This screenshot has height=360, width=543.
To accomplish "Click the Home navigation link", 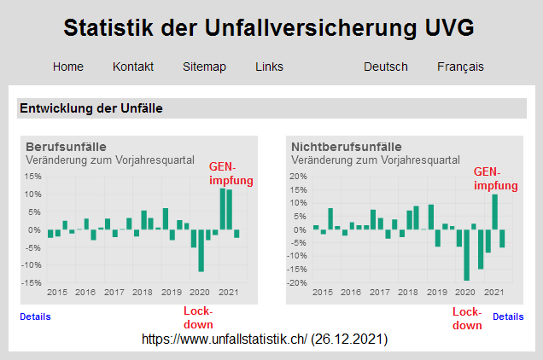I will [x=68, y=67].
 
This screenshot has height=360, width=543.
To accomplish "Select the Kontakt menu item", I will [x=133, y=67].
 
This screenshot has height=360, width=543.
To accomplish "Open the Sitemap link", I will [x=204, y=67].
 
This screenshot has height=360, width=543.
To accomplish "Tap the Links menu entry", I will [x=269, y=67].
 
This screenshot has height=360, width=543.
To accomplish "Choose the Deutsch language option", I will [x=385, y=67].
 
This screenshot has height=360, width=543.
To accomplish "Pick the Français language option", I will [x=460, y=67].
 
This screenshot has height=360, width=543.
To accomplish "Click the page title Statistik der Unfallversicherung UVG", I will [x=269, y=28].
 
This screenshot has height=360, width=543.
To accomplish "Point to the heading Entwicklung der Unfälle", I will [x=91, y=108].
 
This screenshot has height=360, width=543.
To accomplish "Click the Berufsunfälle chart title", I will [x=66, y=147].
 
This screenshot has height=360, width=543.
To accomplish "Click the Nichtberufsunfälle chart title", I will [x=346, y=147].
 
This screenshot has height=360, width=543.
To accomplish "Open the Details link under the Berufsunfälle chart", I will [x=35, y=316].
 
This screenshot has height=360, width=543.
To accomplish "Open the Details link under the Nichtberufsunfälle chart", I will [x=508, y=316].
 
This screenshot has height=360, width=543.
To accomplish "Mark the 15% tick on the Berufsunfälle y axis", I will [x=33, y=177].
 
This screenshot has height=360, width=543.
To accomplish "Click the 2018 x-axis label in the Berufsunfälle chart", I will [x=143, y=293].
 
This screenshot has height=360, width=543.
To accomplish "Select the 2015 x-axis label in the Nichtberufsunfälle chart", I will [x=323, y=293].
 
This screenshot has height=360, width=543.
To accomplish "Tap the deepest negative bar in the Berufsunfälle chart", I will [x=201, y=251].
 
